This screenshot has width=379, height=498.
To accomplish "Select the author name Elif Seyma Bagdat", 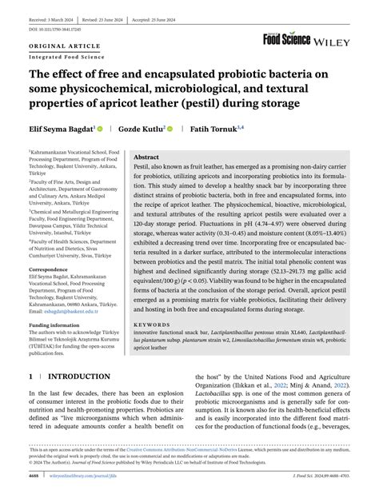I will point(62,128).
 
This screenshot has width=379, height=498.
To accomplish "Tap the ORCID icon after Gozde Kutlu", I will point(170,128).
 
